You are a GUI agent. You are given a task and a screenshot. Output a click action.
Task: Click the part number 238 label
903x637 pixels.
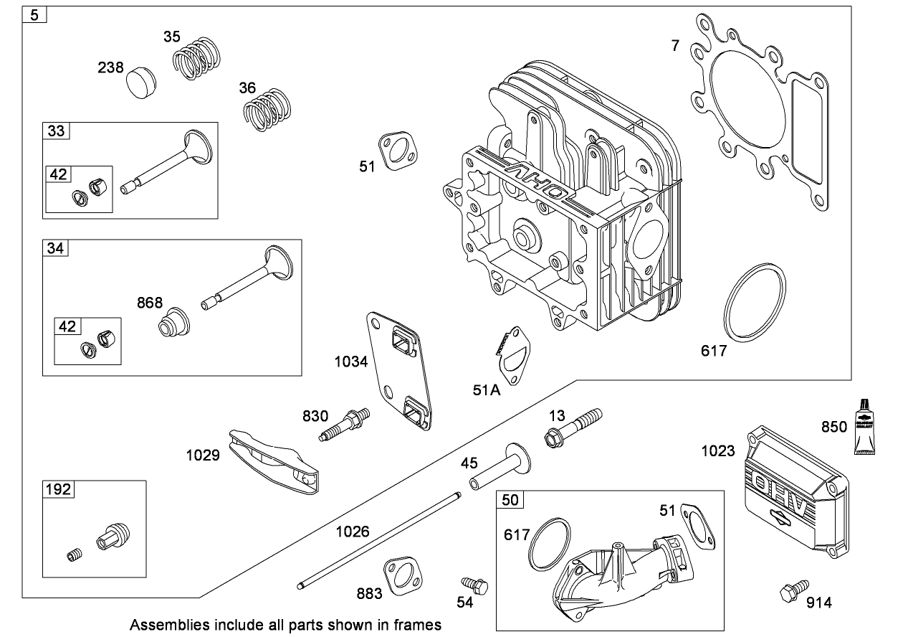(112, 67)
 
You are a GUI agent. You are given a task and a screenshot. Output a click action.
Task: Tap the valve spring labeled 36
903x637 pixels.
(266, 109)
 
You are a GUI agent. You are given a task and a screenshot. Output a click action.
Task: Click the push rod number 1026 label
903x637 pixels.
(353, 532)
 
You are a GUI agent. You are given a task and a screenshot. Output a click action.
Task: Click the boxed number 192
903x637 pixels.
(59, 489)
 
